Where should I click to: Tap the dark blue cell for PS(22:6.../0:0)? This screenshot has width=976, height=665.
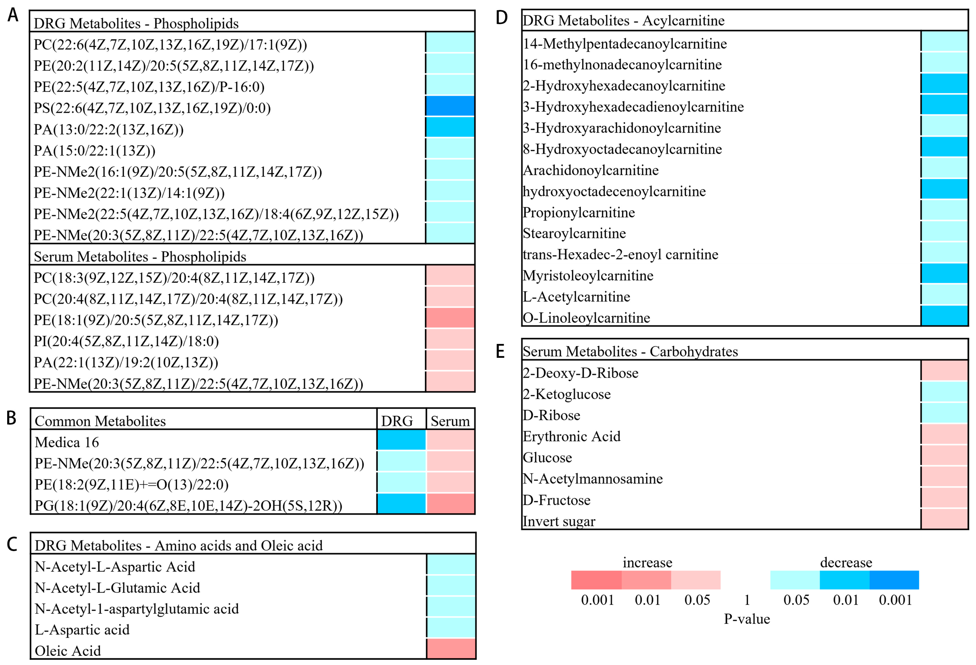point(450,106)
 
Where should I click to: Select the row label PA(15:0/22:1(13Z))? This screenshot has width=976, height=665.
point(94,151)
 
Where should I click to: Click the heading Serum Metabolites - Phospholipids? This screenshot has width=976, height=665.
point(140,256)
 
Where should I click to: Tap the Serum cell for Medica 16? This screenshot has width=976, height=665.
point(450,440)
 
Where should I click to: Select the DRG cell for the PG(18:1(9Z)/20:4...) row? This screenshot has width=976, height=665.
point(401,503)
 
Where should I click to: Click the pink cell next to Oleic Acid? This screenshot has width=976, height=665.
point(451,649)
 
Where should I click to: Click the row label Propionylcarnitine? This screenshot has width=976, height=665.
point(578,212)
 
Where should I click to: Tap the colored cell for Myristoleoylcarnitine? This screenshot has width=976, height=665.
point(944,273)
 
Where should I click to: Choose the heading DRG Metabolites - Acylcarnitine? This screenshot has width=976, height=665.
point(623,21)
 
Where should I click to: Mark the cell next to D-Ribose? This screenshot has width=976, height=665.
point(944,413)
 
